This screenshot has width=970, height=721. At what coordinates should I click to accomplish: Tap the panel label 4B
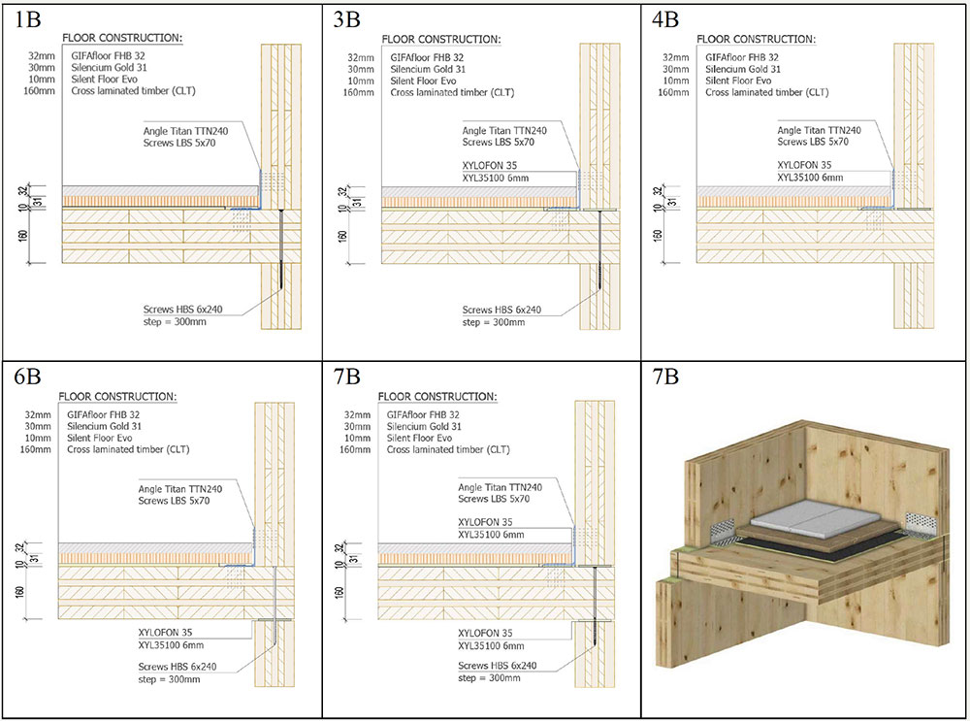665,17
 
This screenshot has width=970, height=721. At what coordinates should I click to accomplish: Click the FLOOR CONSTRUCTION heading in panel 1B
122,39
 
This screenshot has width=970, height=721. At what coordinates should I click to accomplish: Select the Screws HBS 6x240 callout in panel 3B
501,310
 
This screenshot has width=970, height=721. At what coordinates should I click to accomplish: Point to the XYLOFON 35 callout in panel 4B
805,165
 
